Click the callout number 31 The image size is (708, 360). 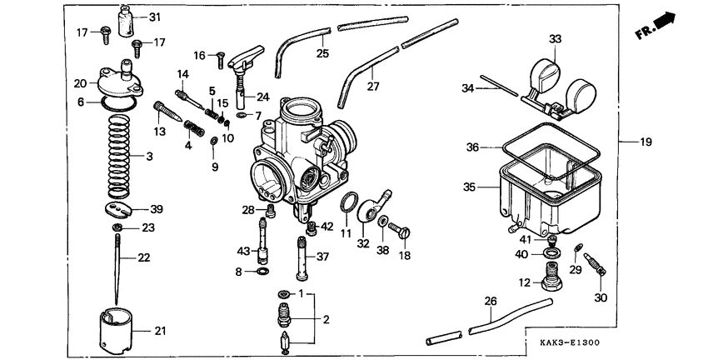(156, 17)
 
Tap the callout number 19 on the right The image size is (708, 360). (646, 142)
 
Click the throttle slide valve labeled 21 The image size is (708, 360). (117, 331)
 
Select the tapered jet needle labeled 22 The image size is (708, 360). (120, 267)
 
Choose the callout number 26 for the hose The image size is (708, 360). (491, 300)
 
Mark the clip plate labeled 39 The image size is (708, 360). (122, 208)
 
